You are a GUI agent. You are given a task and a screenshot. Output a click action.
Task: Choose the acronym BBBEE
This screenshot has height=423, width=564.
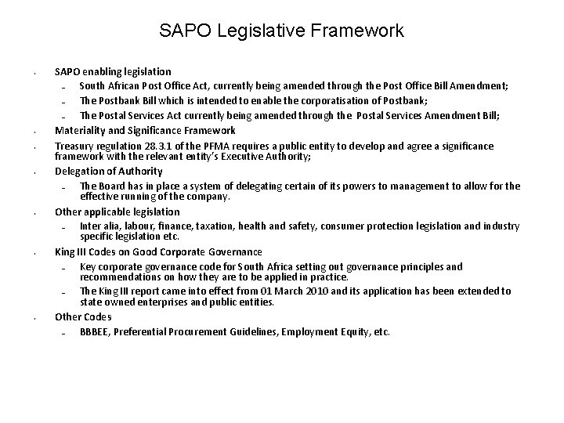[x=96, y=331]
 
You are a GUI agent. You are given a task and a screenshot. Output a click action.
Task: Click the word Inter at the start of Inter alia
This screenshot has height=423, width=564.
[x=90, y=226]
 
